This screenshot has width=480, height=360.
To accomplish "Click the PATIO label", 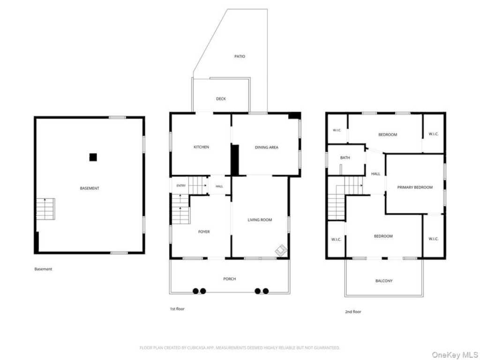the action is (240, 56).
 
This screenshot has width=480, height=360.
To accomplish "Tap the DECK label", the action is (221, 98).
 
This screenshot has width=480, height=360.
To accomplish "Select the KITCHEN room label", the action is (201, 147).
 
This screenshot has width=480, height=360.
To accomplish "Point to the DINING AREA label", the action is (267, 147).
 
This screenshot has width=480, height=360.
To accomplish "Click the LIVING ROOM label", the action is (260, 220).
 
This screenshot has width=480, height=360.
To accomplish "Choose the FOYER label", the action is (204, 232).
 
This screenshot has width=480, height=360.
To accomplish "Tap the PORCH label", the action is (230, 279).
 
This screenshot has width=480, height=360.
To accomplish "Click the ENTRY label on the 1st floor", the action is (181, 186).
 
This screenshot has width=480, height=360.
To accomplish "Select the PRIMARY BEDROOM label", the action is (415, 187).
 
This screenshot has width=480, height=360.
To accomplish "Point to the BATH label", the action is (345, 157).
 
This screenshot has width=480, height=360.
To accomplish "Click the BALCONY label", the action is (384, 281).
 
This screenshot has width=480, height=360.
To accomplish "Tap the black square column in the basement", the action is (93, 157).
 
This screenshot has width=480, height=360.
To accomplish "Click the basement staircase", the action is (45, 209).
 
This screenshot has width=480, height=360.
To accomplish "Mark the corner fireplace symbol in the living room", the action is (281, 250).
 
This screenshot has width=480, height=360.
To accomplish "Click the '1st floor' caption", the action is (177, 309).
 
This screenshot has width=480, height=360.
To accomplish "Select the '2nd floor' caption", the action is (353, 312).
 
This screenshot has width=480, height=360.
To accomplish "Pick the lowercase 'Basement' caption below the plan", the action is (43, 269).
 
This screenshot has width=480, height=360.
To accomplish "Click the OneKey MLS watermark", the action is (455, 355).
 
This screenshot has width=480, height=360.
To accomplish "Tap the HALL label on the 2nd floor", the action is (375, 174).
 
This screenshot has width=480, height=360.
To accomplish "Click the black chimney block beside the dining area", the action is (235, 160).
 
